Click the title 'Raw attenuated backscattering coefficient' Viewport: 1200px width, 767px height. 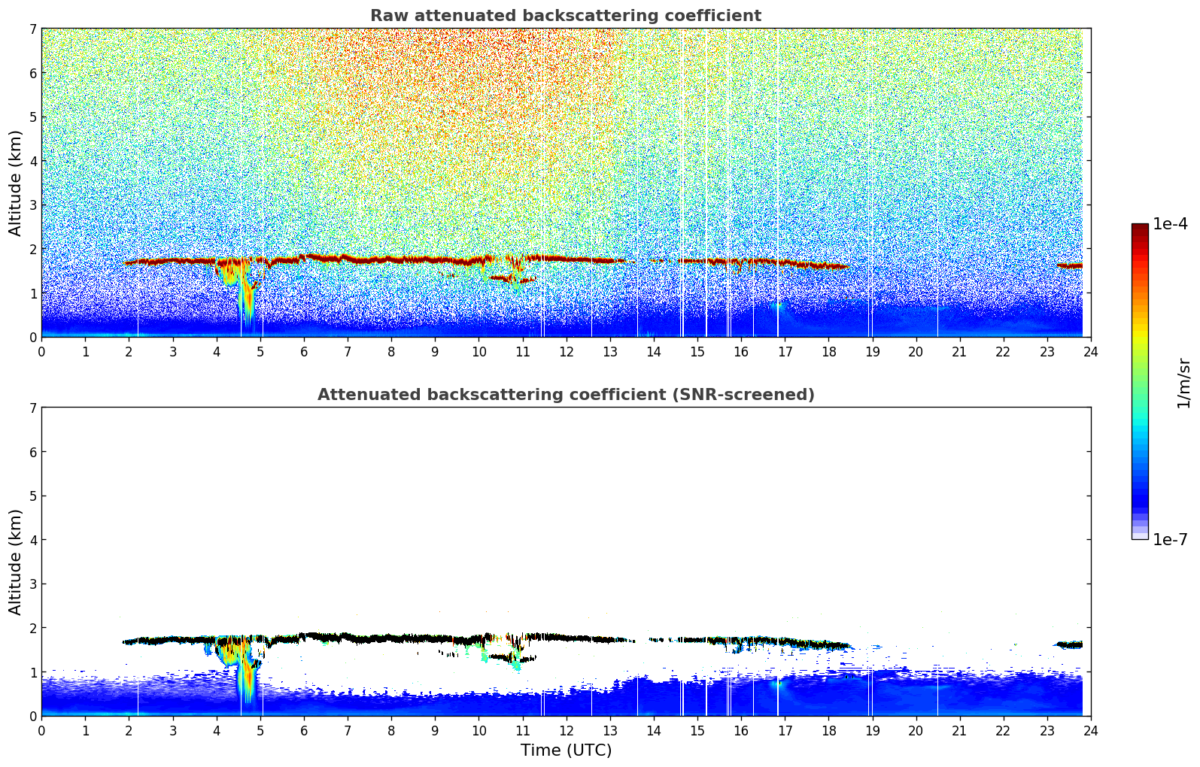565,16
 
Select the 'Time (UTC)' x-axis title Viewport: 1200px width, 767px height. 566,750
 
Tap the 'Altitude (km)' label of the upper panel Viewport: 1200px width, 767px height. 16,183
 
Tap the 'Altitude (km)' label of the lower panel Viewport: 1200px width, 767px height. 16,562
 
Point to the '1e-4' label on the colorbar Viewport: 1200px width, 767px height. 1170,224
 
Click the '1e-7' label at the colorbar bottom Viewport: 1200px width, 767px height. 1170,540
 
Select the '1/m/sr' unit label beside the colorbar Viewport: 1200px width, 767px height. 1183,383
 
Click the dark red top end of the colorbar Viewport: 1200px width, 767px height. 1139,226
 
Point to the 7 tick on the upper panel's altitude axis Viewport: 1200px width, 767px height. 33,29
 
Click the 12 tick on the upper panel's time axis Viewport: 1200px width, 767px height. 566,351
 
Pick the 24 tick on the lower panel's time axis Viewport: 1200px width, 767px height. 1090,730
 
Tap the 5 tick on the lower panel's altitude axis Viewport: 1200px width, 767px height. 33,496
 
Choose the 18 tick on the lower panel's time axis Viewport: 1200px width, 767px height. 828,730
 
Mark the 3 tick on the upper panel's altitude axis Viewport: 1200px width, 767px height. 33,205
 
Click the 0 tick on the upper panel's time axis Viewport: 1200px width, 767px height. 41,351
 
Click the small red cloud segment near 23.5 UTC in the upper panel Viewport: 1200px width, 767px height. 1069,265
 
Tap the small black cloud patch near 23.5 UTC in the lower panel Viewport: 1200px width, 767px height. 1069,644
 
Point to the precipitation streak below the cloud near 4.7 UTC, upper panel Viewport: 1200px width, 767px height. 246,301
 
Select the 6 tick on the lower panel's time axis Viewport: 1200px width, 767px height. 304,730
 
